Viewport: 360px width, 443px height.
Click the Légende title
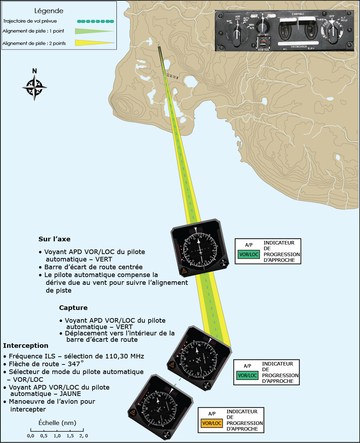(49, 11)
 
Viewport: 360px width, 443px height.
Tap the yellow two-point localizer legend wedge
(94, 43)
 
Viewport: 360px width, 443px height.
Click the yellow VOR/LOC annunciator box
(212, 423)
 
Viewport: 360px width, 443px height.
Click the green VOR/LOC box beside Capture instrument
(247, 375)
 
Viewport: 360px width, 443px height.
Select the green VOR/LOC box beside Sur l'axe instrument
(249, 254)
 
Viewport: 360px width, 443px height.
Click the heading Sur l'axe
(54, 239)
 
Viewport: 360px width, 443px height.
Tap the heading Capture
(73, 308)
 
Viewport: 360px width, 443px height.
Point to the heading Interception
(25, 346)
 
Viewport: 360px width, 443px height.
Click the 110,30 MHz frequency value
(125, 356)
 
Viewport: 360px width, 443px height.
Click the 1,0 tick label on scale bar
(57, 436)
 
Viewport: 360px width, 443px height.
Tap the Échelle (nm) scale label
(57, 423)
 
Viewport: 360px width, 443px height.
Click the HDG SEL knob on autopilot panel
(263, 43)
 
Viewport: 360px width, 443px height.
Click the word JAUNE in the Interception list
(70, 394)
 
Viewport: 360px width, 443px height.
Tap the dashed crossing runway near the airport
(172, 76)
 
